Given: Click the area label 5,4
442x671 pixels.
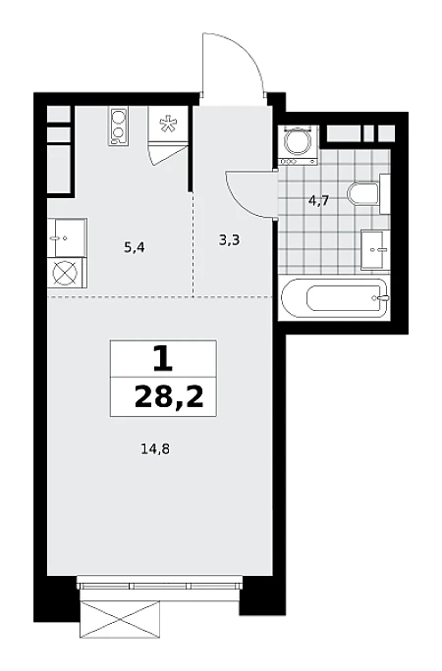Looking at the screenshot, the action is (x=134, y=248).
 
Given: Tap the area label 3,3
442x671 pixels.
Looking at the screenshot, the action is (x=229, y=241).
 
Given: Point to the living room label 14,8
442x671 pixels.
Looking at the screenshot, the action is (x=154, y=449).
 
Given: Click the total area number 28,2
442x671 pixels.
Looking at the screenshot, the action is (x=169, y=397).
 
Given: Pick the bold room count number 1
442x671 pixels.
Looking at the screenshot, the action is (x=163, y=359).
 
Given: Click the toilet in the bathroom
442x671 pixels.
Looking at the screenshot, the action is (x=368, y=194).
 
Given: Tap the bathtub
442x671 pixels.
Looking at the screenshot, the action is (x=335, y=298).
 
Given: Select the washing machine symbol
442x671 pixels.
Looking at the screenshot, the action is (x=298, y=145).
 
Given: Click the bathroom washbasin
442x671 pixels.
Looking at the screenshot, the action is (x=375, y=249).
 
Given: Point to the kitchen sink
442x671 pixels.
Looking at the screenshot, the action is (x=67, y=237).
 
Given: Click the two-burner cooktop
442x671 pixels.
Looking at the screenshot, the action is (x=117, y=127).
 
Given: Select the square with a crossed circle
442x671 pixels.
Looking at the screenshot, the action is (x=67, y=273).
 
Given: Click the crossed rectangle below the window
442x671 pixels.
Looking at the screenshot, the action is (x=120, y=619).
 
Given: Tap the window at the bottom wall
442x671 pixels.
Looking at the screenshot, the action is (x=160, y=585).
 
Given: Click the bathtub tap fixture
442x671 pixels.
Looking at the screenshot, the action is (x=380, y=298).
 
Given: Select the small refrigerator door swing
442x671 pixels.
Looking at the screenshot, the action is (x=167, y=154).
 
